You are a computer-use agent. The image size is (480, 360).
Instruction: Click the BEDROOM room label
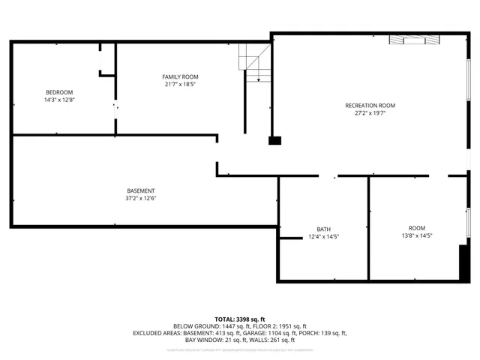(59, 92)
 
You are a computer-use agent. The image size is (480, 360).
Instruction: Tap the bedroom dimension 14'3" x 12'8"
(59, 100)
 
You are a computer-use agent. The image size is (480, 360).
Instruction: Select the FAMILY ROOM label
(181, 77)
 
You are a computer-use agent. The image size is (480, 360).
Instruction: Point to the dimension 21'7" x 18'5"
(181, 85)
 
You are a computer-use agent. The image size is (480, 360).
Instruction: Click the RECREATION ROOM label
(370, 106)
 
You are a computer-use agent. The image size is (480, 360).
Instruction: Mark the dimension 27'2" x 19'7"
(370, 114)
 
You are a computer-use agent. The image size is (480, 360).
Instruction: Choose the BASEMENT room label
(140, 190)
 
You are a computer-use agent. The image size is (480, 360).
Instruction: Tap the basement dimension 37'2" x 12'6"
(140, 199)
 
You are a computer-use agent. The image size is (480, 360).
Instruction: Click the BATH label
(323, 229)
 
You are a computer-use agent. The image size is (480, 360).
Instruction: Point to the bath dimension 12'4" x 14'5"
(323, 237)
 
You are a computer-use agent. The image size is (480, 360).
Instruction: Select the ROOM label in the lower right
(416, 228)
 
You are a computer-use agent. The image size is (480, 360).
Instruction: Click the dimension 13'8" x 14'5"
(416, 236)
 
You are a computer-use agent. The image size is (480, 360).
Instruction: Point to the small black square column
(274, 139)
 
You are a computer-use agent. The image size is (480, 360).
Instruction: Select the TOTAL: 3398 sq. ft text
(240, 319)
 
